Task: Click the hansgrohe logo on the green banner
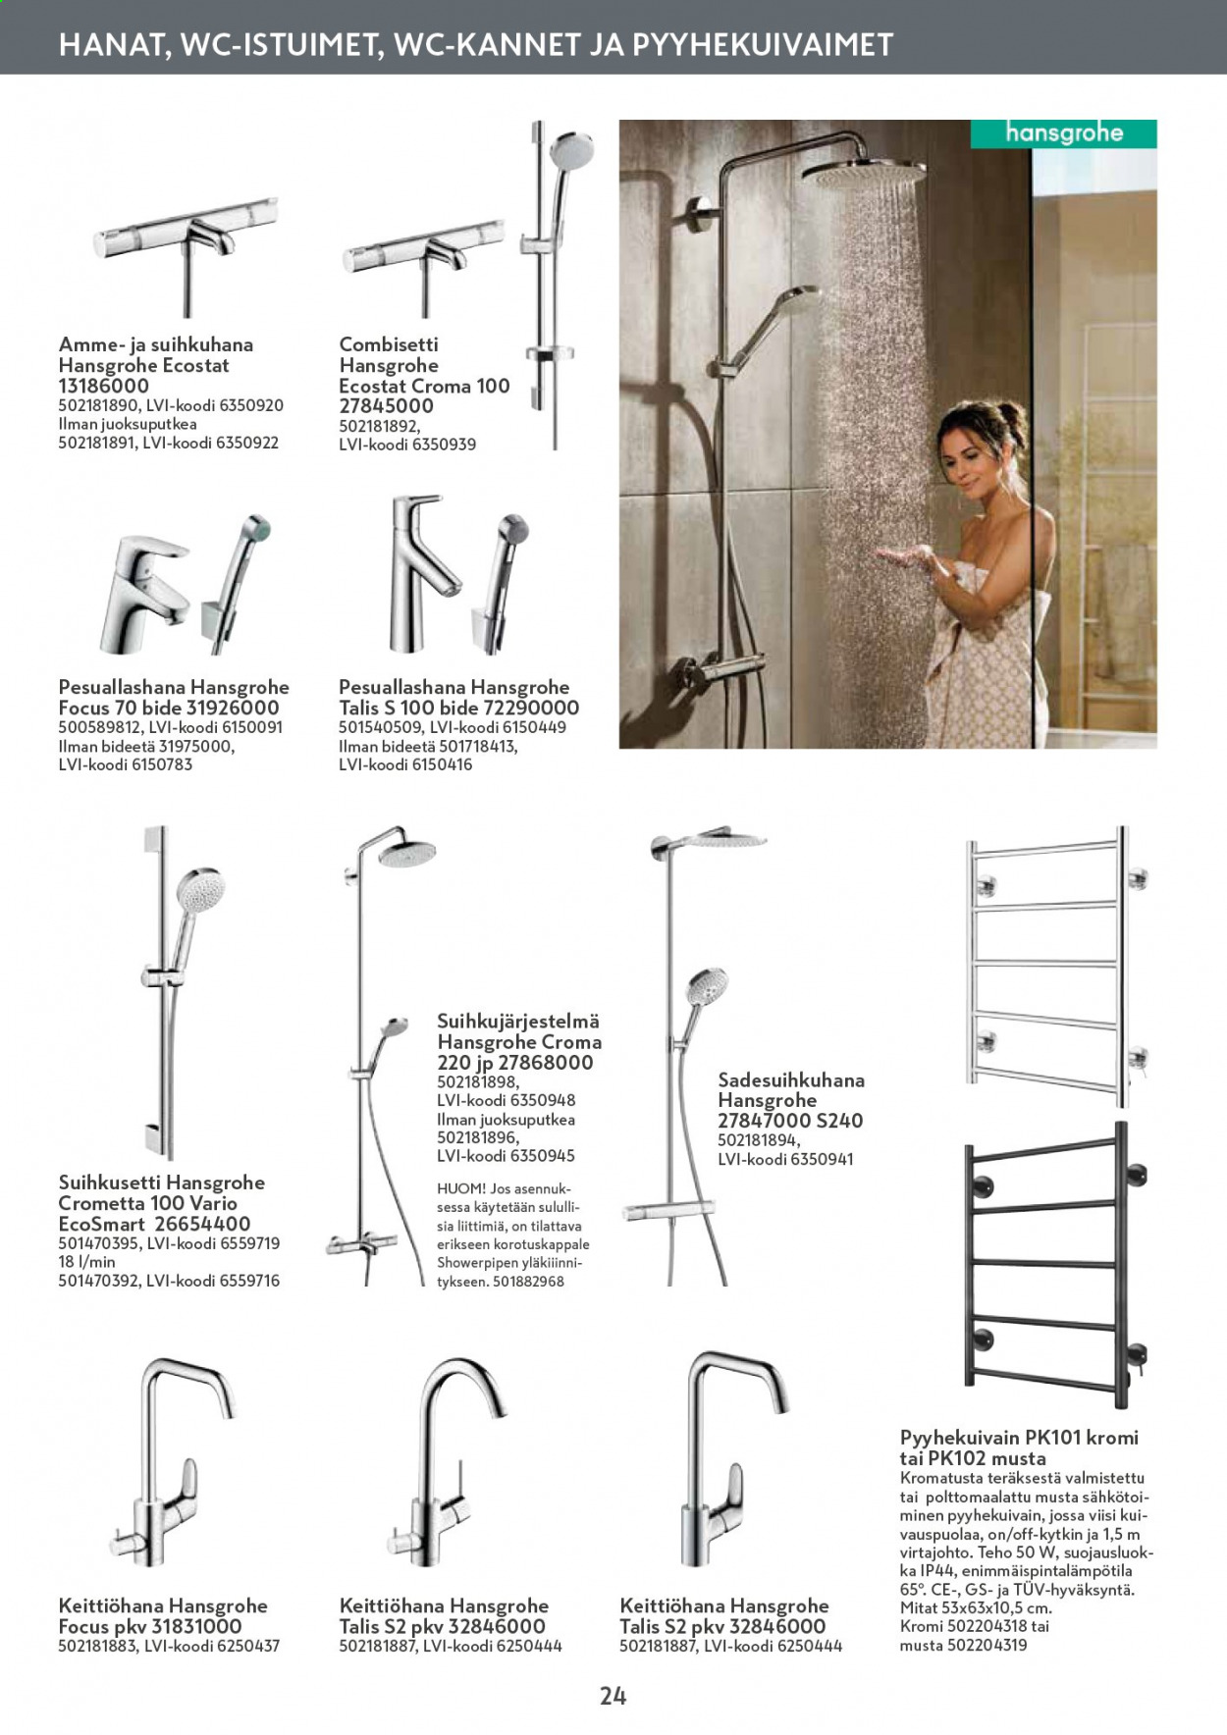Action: tap(1064, 133)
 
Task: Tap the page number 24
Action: tap(613, 1696)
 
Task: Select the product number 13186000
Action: tap(104, 386)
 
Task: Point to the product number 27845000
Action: tap(386, 406)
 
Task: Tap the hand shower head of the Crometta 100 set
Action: tap(200, 893)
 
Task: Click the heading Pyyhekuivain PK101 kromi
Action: tap(1019, 1438)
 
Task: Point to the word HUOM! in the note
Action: tap(461, 1189)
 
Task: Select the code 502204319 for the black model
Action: tap(987, 1645)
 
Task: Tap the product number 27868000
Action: tap(546, 1063)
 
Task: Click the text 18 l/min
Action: tap(87, 1262)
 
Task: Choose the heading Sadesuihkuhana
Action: tap(791, 1080)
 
